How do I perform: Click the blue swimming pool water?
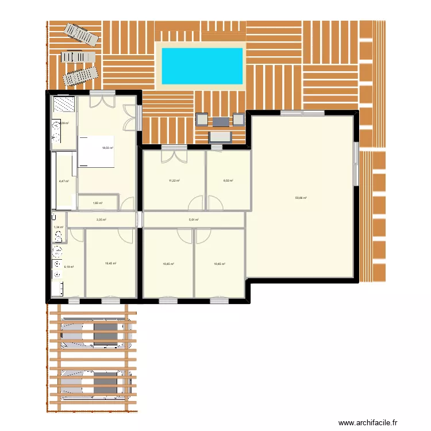click(x=202, y=66)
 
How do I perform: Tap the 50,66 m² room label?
click(x=301, y=198)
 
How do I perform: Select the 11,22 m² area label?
click(x=174, y=180)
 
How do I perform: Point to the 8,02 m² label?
click(x=228, y=180)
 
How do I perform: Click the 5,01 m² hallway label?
click(x=194, y=220)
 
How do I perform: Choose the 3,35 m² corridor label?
click(x=101, y=220)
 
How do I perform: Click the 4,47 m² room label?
click(x=63, y=181)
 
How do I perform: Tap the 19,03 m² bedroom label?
click(x=107, y=148)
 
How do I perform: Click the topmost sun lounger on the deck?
click(x=81, y=33)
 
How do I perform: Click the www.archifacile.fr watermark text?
click(x=368, y=422)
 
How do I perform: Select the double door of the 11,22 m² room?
click(x=174, y=155)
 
